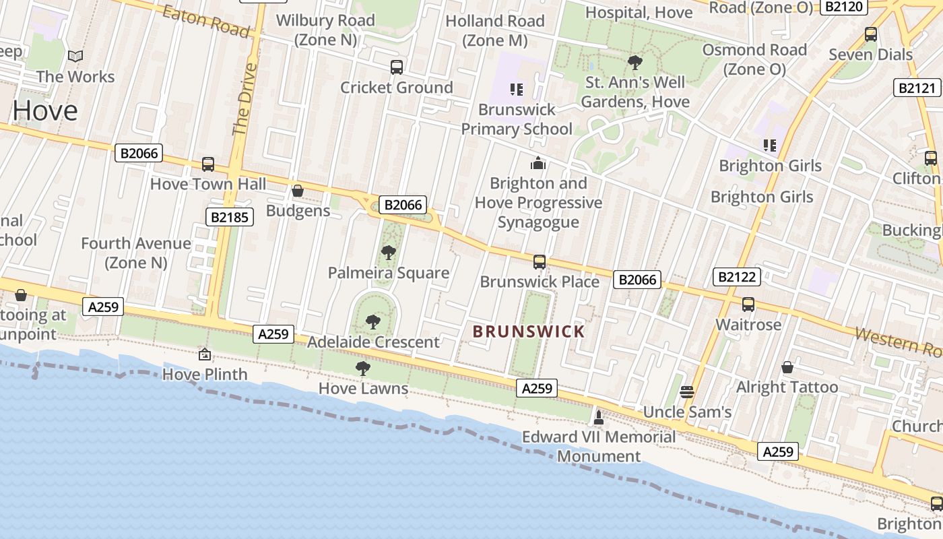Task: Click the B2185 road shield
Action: tap(230, 217)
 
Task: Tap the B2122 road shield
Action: tap(738, 276)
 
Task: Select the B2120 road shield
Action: tap(844, 7)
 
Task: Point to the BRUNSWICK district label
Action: tap(529, 331)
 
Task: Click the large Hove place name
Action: tap(44, 110)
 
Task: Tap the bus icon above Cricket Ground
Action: tap(397, 67)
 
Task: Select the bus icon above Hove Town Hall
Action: tap(208, 164)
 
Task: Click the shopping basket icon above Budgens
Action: tap(298, 191)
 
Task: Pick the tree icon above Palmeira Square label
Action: tap(388, 253)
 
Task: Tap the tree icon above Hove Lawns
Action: tap(363, 369)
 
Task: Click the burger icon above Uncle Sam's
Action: tap(687, 391)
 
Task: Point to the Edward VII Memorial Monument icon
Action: tap(598, 418)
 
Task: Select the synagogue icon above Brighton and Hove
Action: tap(538, 163)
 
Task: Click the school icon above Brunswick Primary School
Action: tap(517, 90)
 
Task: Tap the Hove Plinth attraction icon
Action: tap(205, 354)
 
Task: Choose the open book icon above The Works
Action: tap(75, 57)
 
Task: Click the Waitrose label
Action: tap(748, 325)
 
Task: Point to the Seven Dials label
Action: tap(871, 55)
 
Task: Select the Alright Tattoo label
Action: tap(787, 387)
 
